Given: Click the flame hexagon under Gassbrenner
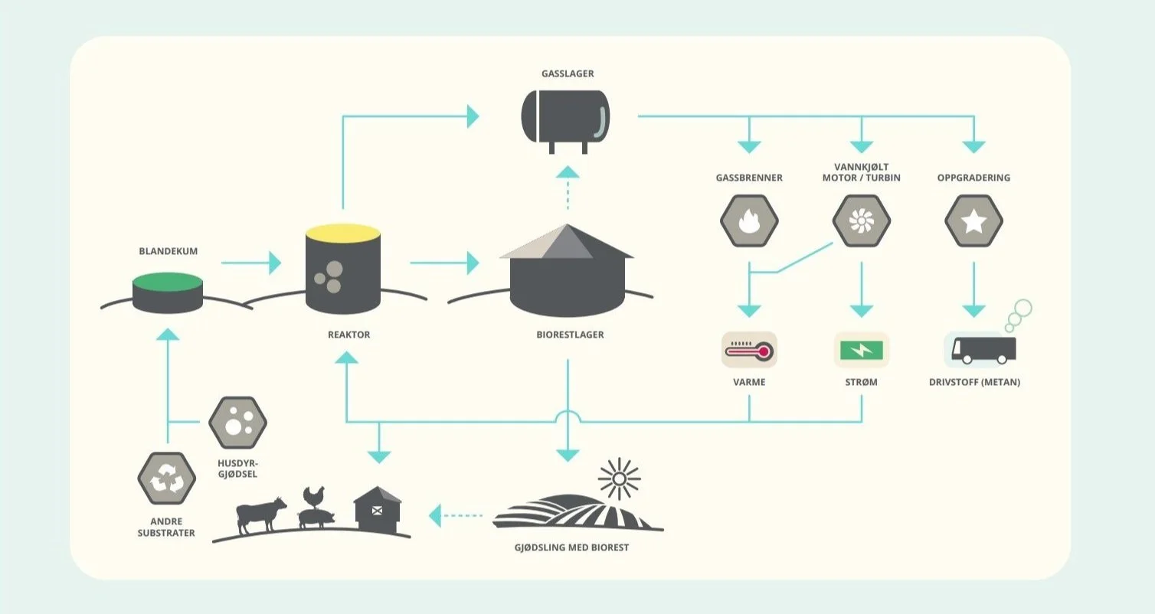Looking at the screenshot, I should [749, 221].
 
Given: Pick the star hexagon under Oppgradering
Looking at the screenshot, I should [973, 221].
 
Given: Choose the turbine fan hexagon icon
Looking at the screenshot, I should [862, 221].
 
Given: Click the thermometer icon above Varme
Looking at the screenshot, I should [749, 351].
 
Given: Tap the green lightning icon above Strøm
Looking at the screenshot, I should [862, 351].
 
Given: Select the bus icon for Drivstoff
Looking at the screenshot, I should [983, 350].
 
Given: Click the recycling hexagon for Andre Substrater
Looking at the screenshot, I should [166, 478].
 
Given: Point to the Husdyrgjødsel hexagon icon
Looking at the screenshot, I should [237, 423].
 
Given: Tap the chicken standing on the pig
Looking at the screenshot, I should [311, 496].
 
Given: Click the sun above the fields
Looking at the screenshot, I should [618, 480].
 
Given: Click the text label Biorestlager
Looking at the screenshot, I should [570, 335].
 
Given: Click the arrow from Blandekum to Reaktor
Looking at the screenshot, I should [251, 263].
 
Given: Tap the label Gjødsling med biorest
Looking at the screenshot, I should [572, 547].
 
